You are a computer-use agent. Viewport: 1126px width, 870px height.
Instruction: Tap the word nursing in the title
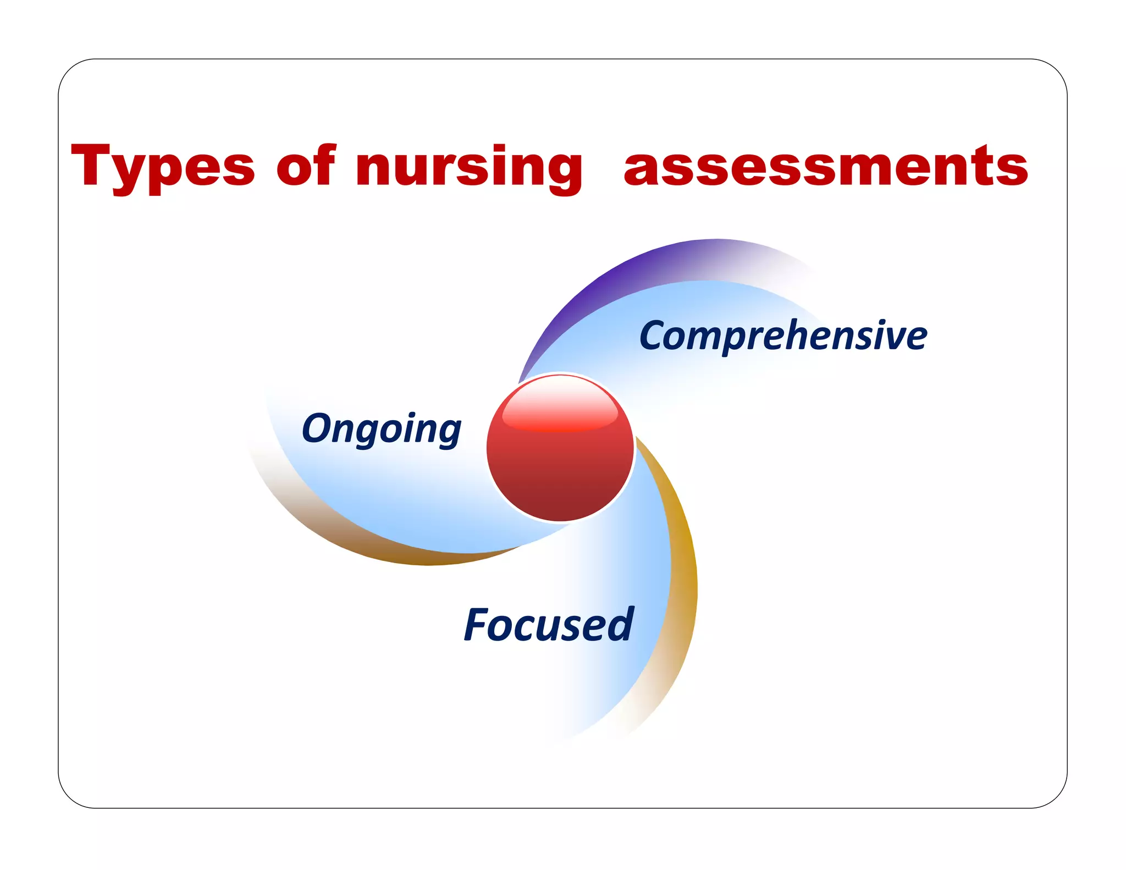point(469,167)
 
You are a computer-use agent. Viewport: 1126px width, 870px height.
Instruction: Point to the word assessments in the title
point(825,166)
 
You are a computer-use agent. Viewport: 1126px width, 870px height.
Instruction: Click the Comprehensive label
point(783,335)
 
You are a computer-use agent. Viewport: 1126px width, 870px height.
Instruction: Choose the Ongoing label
point(382,428)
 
